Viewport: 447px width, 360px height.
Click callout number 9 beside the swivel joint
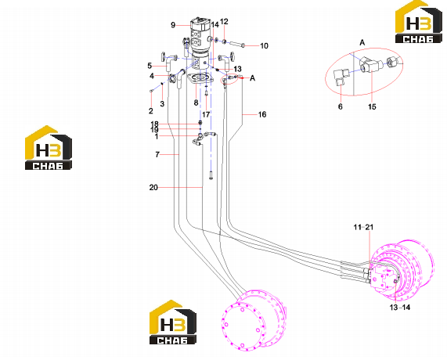[173, 25]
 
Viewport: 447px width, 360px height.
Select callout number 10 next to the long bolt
[264, 46]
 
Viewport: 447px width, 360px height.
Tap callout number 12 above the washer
[224, 22]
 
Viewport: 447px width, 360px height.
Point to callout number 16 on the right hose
[262, 114]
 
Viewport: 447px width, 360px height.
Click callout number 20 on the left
[153, 188]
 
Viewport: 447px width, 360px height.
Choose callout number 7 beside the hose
[157, 154]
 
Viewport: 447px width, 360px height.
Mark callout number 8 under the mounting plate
[196, 103]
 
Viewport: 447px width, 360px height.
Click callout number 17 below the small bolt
[206, 114]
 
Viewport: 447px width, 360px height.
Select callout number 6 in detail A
[340, 106]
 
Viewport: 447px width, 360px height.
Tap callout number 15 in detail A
[372, 106]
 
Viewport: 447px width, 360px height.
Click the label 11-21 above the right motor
[363, 227]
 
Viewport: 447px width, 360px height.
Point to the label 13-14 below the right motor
[400, 308]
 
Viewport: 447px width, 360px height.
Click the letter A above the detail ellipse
[362, 43]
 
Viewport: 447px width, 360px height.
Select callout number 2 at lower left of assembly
[151, 111]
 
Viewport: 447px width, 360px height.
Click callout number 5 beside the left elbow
[150, 66]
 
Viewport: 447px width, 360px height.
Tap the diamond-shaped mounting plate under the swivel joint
[200, 78]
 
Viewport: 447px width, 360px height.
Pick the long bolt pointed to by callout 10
[235, 44]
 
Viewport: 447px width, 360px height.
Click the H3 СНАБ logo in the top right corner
[418, 22]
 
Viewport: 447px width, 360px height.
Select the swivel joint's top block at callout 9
[200, 24]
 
